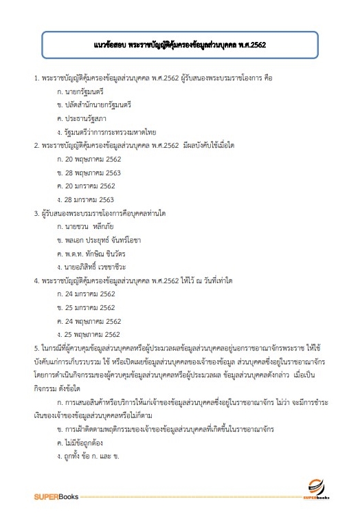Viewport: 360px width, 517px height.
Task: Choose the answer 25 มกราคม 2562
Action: point(87,307)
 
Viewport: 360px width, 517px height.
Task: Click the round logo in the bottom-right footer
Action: point(316,485)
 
